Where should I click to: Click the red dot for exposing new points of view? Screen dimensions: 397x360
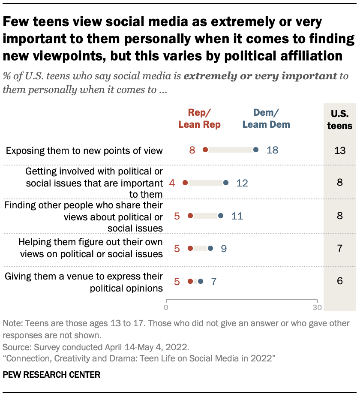pos(205,150)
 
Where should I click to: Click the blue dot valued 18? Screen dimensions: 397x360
pos(256,150)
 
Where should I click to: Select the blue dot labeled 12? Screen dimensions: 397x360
pos(226,183)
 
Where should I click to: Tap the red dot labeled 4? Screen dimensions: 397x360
pos(185,183)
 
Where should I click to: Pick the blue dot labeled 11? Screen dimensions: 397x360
pos(221,216)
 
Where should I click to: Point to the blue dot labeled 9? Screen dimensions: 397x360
pos(210,248)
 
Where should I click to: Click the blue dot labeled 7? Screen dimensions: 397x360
pos(200,281)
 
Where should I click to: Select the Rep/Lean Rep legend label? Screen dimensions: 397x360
pos(199,119)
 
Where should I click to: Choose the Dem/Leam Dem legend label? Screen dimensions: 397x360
pos(266,119)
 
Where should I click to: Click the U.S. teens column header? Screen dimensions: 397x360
pos(339,120)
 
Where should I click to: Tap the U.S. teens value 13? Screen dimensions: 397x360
pos(339,150)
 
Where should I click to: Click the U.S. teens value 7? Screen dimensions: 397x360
pos(339,249)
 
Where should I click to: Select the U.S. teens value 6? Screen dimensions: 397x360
pos(339,282)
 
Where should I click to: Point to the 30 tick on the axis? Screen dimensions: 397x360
pos(317,307)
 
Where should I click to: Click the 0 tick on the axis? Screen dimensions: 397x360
pos(166,307)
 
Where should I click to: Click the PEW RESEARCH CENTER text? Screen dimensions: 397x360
pos(51,375)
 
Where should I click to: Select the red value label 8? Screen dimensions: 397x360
pos(192,150)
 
